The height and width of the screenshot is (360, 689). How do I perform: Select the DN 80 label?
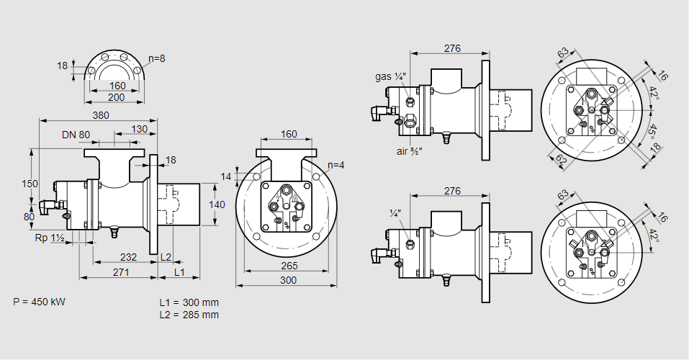(x=76, y=135)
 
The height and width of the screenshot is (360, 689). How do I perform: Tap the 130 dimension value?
(x=140, y=129)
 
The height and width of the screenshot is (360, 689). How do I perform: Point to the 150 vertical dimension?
(x=29, y=184)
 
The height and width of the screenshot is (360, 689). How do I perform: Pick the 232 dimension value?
(x=128, y=256)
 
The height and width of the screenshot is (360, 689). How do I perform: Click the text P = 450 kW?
(x=39, y=302)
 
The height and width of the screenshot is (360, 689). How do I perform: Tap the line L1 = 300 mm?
(x=189, y=302)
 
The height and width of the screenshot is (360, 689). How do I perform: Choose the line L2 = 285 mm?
(x=189, y=315)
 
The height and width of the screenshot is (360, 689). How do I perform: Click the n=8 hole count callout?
(x=157, y=58)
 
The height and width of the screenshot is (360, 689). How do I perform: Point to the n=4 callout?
(x=335, y=165)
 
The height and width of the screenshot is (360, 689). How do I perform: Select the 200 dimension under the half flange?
(x=117, y=96)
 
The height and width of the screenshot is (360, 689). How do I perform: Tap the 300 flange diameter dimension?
(x=288, y=280)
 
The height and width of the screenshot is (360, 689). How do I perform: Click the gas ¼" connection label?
(x=391, y=76)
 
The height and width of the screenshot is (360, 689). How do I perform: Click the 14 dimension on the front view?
(x=227, y=176)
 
